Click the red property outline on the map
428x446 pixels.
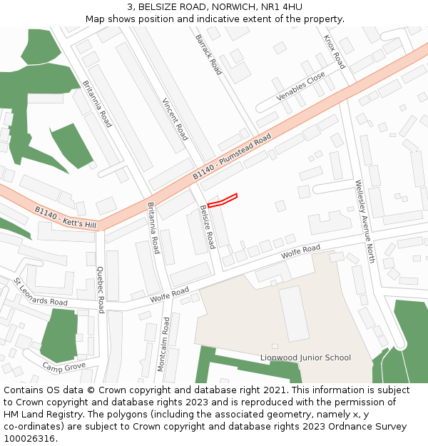coord(223,201)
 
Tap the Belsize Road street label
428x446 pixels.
coord(207,227)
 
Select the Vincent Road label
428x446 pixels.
coord(175,118)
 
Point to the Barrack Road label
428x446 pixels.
coord(208,54)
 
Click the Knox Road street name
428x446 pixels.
coord(334,52)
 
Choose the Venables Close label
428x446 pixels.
coord(300,87)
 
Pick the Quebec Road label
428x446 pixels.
coord(101,290)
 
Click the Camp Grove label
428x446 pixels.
coord(63,368)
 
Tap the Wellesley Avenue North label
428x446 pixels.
coord(365,221)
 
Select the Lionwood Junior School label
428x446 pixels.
coord(305,358)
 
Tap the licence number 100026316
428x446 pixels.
coord(30,439)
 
